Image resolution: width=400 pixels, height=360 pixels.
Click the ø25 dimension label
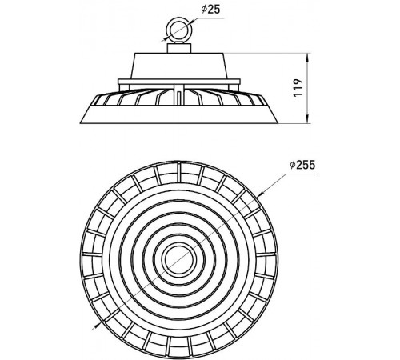pyautogui.click(x=210, y=10)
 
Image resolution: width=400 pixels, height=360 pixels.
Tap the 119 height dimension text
pyautogui.click(x=298, y=88)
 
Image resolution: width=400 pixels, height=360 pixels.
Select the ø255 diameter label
pyautogui.click(x=302, y=165)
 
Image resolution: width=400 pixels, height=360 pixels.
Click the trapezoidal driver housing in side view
pyautogui.click(x=179, y=66)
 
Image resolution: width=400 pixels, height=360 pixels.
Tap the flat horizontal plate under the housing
pyautogui.click(x=179, y=82)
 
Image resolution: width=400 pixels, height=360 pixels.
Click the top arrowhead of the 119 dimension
pyautogui.click(x=308, y=57)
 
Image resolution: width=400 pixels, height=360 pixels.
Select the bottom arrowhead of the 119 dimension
pyautogui.click(x=308, y=120)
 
